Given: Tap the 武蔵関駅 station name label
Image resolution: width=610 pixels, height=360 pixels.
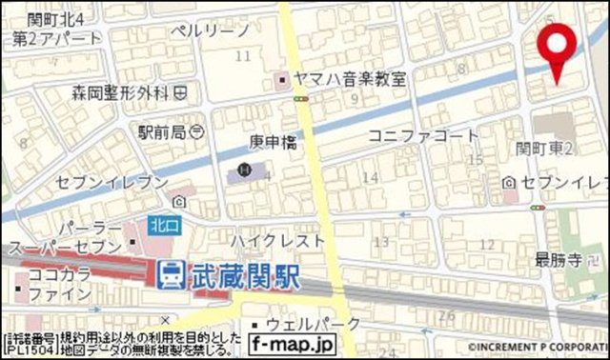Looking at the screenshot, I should pos(245,276).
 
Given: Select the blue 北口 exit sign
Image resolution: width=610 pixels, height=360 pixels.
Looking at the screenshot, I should pos(161,226).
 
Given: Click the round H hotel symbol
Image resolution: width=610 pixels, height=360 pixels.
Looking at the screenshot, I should pos(244,170).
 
